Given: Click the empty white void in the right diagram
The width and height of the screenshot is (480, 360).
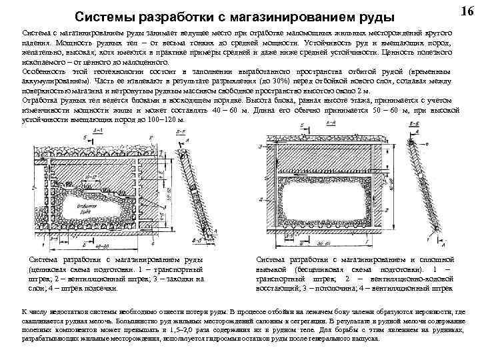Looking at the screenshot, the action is tap(327, 201).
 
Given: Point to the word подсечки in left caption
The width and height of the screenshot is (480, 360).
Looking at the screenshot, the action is tap(100, 288).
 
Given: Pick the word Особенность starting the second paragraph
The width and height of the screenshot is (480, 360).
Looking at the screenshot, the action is tap(45, 70).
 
